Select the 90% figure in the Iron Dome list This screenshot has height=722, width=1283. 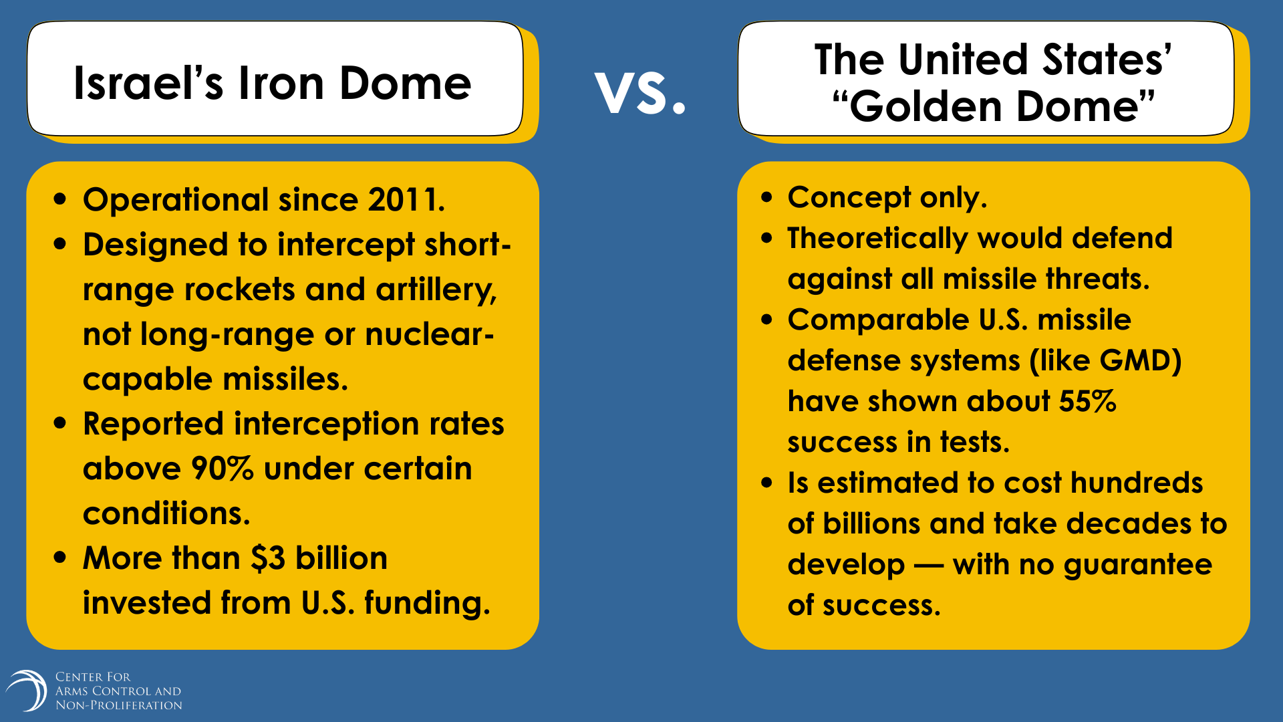[x=223, y=469]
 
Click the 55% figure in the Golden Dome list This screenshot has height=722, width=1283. [x=1087, y=401]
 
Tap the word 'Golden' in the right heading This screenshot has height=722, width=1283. [x=926, y=106]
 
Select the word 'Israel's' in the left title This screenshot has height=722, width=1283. [x=148, y=84]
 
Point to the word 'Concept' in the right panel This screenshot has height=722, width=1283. [x=849, y=198]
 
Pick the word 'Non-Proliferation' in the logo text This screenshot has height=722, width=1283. [x=119, y=705]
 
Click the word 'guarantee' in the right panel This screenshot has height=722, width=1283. [x=1137, y=566]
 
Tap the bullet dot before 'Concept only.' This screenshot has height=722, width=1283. [x=766, y=197]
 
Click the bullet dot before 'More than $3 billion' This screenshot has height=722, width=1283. [x=61, y=557]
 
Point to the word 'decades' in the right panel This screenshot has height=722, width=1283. [x=1129, y=523]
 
